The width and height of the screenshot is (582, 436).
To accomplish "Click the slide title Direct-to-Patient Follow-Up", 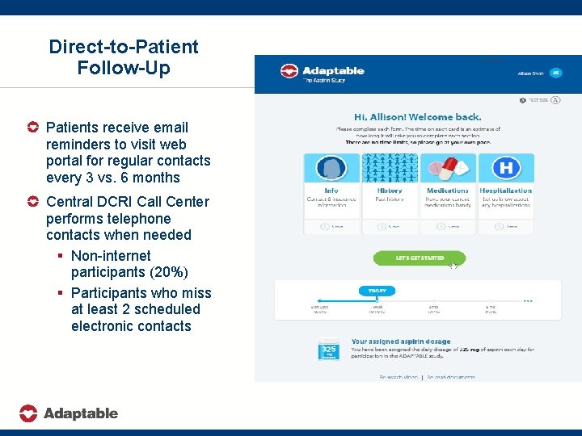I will pyautogui.click(x=123, y=57).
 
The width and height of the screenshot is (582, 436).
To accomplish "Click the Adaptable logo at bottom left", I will pyautogui.click(x=69, y=413).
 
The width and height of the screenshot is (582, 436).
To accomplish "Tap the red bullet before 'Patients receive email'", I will pyautogui.click(x=32, y=128).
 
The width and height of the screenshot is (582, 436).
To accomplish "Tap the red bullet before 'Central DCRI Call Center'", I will pyautogui.click(x=32, y=202).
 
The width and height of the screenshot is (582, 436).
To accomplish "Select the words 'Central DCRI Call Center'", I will pyautogui.click(x=128, y=202).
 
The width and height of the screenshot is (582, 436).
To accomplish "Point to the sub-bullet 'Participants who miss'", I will pyautogui.click(x=141, y=292).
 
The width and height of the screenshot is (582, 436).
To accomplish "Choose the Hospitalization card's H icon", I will pyautogui.click(x=506, y=169).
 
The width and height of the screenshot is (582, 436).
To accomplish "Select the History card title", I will pyautogui.click(x=390, y=191).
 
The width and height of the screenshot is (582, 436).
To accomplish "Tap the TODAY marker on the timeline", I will pyautogui.click(x=377, y=291).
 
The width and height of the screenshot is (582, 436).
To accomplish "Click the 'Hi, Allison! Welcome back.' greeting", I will pyautogui.click(x=418, y=117).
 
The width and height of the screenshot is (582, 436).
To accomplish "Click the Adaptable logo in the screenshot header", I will pyautogui.click(x=322, y=73).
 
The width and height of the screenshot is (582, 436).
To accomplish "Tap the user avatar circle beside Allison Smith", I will pyautogui.click(x=555, y=73).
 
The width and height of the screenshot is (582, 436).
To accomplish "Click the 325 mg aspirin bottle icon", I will pyautogui.click(x=329, y=350).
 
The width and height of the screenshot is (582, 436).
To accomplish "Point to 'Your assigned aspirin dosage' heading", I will pyautogui.click(x=401, y=342).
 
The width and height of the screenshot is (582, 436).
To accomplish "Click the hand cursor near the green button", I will pyautogui.click(x=453, y=265).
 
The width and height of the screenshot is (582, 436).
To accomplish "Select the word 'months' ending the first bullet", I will pyautogui.click(x=158, y=178).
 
